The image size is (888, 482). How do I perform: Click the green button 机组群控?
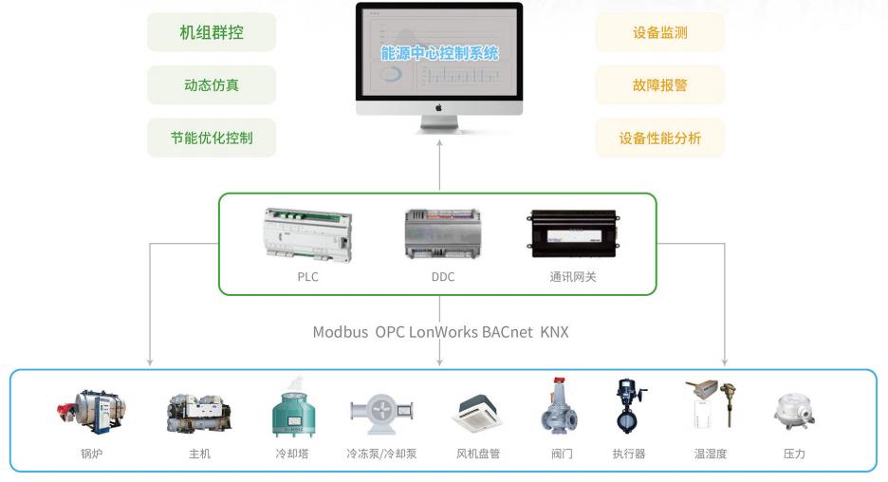tap(212, 32)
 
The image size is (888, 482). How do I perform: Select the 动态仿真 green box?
tap(212, 85)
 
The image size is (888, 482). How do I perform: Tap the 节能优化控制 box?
tap(212, 138)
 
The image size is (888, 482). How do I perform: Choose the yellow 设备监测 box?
tap(659, 32)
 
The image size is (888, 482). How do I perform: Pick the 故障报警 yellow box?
tap(659, 85)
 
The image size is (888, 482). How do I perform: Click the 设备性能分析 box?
tap(659, 138)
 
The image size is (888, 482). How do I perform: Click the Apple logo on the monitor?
tap(439, 107)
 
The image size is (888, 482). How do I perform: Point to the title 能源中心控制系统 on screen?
tap(439, 54)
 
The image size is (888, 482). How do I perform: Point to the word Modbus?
tap(341, 332)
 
